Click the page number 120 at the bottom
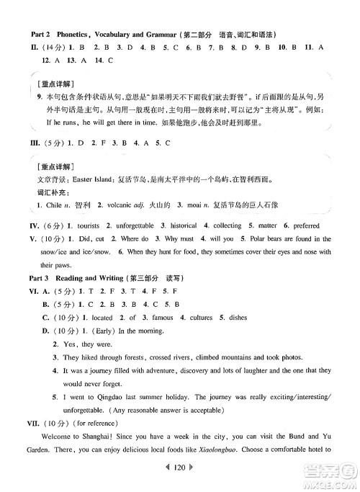[180, 476]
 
